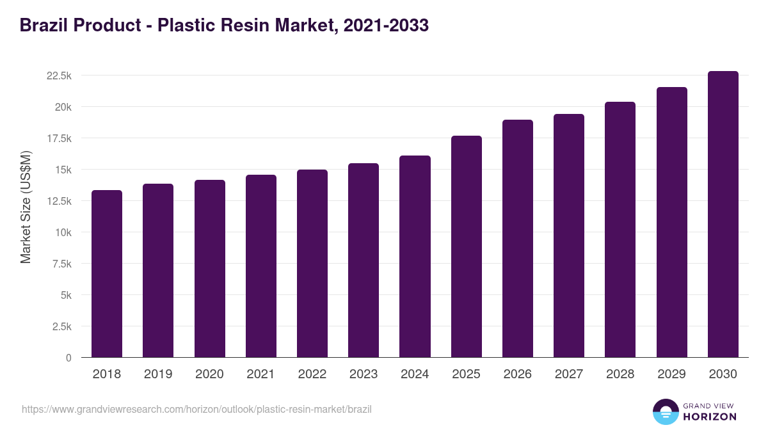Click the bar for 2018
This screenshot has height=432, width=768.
[x=107, y=274]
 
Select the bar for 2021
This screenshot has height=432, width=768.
[x=261, y=266]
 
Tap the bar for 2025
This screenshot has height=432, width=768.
[x=466, y=246]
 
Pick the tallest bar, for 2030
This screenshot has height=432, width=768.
[x=723, y=214]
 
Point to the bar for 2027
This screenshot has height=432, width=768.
[x=569, y=236]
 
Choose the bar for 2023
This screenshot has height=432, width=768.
[x=364, y=260]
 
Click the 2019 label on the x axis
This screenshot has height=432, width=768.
[x=158, y=374]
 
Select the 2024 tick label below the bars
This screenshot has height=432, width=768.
[x=415, y=374]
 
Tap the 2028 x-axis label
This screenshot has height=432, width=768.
[x=620, y=374]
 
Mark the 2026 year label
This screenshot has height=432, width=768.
[x=517, y=374]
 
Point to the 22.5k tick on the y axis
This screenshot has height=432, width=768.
[x=59, y=76]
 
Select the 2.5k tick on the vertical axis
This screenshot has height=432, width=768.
[x=61, y=326]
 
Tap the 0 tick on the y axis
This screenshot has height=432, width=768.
[x=68, y=358]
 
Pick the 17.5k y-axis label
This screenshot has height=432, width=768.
[x=59, y=138]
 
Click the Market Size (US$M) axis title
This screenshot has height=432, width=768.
[x=26, y=207]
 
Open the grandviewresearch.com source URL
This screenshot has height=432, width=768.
[x=196, y=409]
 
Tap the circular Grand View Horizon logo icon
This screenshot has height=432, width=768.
[x=665, y=412]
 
